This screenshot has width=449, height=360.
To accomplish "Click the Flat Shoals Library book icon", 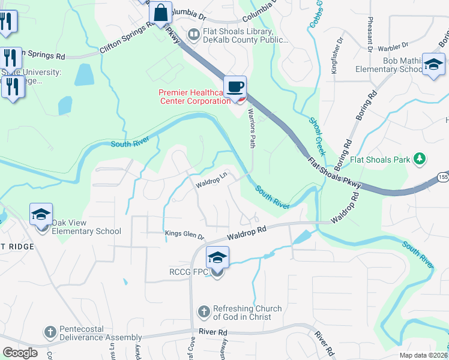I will tap(194, 35).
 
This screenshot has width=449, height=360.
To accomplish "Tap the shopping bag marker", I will tap(161, 13).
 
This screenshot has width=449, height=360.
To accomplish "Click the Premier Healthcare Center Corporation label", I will tap(194, 97).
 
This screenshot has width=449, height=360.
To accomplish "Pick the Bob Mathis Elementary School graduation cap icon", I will tap(433, 64).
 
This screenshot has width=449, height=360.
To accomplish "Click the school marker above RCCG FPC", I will tap(217, 259).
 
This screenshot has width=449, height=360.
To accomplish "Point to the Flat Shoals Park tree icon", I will tap(421, 159).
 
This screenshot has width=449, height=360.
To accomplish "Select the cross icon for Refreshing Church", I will tap(203, 312).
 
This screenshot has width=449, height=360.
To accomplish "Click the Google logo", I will tap(20, 353).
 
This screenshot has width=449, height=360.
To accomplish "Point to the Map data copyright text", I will tap(424, 355).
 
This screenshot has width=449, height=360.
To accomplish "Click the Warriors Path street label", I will tap(253, 132).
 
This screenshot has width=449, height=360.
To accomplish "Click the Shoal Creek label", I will tap(317, 136).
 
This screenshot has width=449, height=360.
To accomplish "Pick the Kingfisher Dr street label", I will tap(338, 54).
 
